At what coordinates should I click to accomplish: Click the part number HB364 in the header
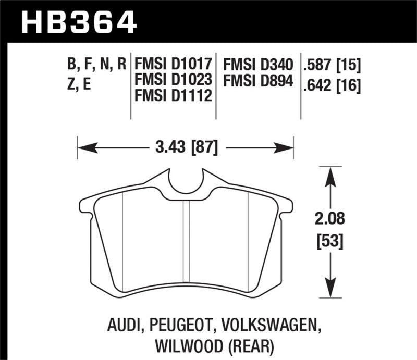pyautogui.click(x=79, y=22)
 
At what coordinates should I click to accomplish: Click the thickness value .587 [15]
pyautogui.click(x=332, y=65)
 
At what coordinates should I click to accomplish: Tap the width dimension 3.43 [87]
pyautogui.click(x=186, y=147)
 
